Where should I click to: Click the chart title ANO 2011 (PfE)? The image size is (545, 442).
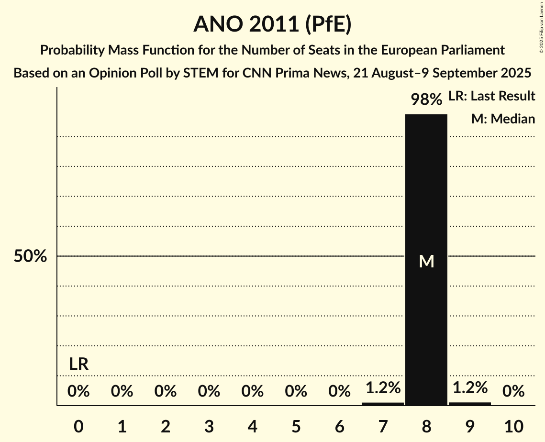pyautogui.click(x=272, y=24)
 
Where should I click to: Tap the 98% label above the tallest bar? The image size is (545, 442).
pyautogui.click(x=426, y=99)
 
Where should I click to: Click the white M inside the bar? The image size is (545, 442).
pyautogui.click(x=426, y=261)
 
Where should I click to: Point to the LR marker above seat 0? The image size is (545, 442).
pyautogui.click(x=78, y=365)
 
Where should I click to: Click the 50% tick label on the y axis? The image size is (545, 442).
pyautogui.click(x=30, y=256)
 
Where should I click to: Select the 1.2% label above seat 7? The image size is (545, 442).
pyautogui.click(x=382, y=387)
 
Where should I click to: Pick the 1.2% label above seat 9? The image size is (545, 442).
pyautogui.click(x=469, y=387)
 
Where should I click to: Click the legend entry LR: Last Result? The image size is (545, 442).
pyautogui.click(x=491, y=96)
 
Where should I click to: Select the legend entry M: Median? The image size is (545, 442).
pyautogui.click(x=503, y=119)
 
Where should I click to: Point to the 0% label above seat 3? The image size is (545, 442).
pyautogui.click(x=209, y=392)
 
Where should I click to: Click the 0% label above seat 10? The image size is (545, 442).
pyautogui.click(x=513, y=392)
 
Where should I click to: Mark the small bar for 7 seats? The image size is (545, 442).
pyautogui.click(x=382, y=404)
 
